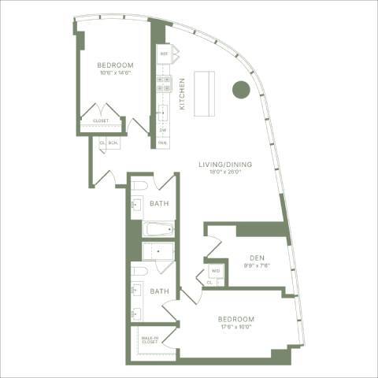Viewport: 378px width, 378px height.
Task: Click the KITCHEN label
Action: click(x=182, y=93)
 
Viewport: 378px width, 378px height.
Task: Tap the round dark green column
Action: click(x=241, y=90)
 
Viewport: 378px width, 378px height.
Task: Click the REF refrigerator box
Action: click(x=164, y=54)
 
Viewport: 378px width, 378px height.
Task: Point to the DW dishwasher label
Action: click(x=163, y=130)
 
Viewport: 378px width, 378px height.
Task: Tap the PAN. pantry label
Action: click(x=163, y=143)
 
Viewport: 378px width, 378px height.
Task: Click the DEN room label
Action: click(x=257, y=258)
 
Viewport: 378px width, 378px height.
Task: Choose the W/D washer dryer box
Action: click(x=216, y=272)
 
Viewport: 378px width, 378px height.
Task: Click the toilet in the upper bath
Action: click(x=140, y=186)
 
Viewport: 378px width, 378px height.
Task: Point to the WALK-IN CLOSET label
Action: click(x=150, y=339)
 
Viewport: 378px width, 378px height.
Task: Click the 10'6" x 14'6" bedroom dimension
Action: click(x=115, y=72)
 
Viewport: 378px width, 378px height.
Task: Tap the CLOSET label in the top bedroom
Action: click(x=102, y=120)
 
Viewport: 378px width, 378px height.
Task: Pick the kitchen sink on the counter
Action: click(x=162, y=111)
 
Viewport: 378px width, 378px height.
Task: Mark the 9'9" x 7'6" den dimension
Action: click(x=257, y=265)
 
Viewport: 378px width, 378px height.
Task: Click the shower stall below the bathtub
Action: click(x=159, y=251)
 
